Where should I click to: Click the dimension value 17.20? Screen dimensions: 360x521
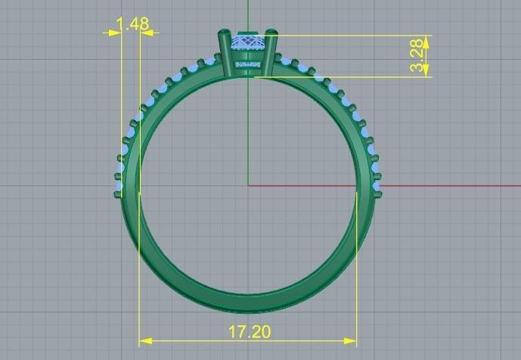tap(249, 331)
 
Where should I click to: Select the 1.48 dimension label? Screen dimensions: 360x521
tap(133, 24)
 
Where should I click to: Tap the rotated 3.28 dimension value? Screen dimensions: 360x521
tap(417, 57)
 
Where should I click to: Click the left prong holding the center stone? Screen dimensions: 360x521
tap(225, 53)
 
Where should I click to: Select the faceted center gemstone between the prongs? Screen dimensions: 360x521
tap(248, 45)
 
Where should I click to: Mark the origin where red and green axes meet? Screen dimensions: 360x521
tap(248, 185)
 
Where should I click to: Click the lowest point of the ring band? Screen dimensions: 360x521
tap(248, 310)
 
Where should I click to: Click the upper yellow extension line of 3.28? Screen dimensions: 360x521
tap(348, 35)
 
